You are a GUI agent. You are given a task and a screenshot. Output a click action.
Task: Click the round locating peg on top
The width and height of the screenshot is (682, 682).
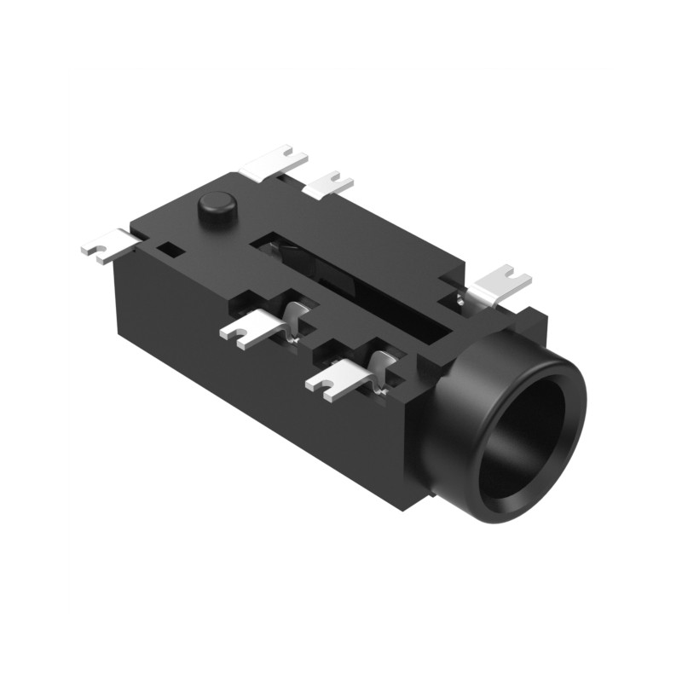point(217,206)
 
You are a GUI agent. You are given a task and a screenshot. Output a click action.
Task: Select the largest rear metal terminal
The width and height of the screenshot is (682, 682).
point(273,163)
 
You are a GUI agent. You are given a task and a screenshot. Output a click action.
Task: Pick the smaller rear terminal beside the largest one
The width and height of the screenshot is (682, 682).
point(329,184)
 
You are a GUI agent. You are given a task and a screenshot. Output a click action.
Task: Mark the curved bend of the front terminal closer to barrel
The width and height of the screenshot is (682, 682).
point(382,361)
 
